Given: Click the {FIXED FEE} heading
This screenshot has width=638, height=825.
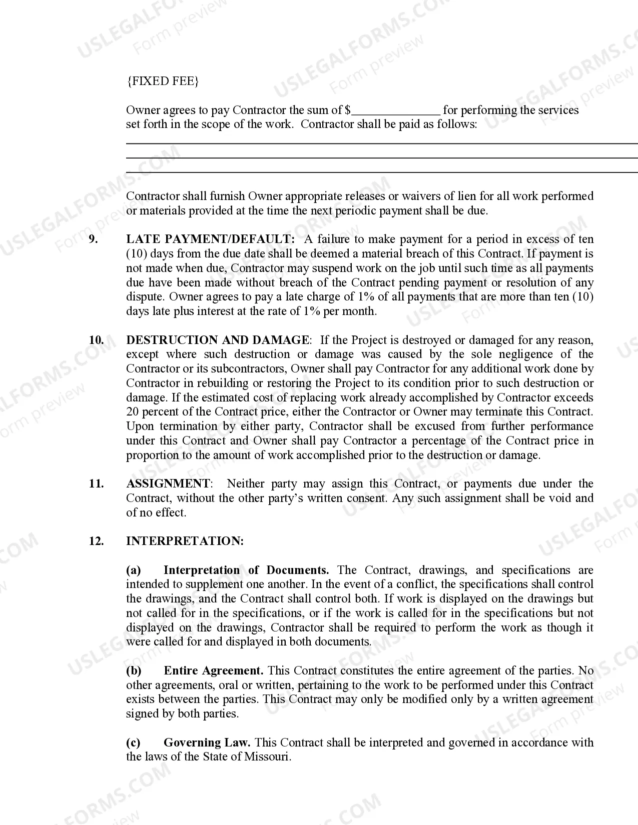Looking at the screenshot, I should click(162, 81).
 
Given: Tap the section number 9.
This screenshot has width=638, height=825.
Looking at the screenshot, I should click(94, 239).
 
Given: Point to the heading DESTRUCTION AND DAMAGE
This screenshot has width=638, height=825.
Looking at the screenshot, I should click(217, 340).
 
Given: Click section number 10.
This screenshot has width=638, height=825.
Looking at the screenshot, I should click(97, 340).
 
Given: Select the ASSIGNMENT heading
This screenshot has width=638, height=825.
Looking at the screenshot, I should click(168, 484).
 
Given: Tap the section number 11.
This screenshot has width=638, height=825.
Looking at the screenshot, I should click(97, 484).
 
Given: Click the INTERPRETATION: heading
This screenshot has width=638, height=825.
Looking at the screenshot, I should click(185, 541).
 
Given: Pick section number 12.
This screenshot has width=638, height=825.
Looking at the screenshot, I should click(97, 541).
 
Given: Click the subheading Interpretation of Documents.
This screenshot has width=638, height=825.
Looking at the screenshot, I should click(246, 570).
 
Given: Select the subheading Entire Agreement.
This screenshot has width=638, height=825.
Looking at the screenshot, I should click(214, 671).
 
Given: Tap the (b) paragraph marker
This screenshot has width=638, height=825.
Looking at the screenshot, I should click(134, 671).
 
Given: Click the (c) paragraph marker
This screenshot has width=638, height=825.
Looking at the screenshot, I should click(133, 743).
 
